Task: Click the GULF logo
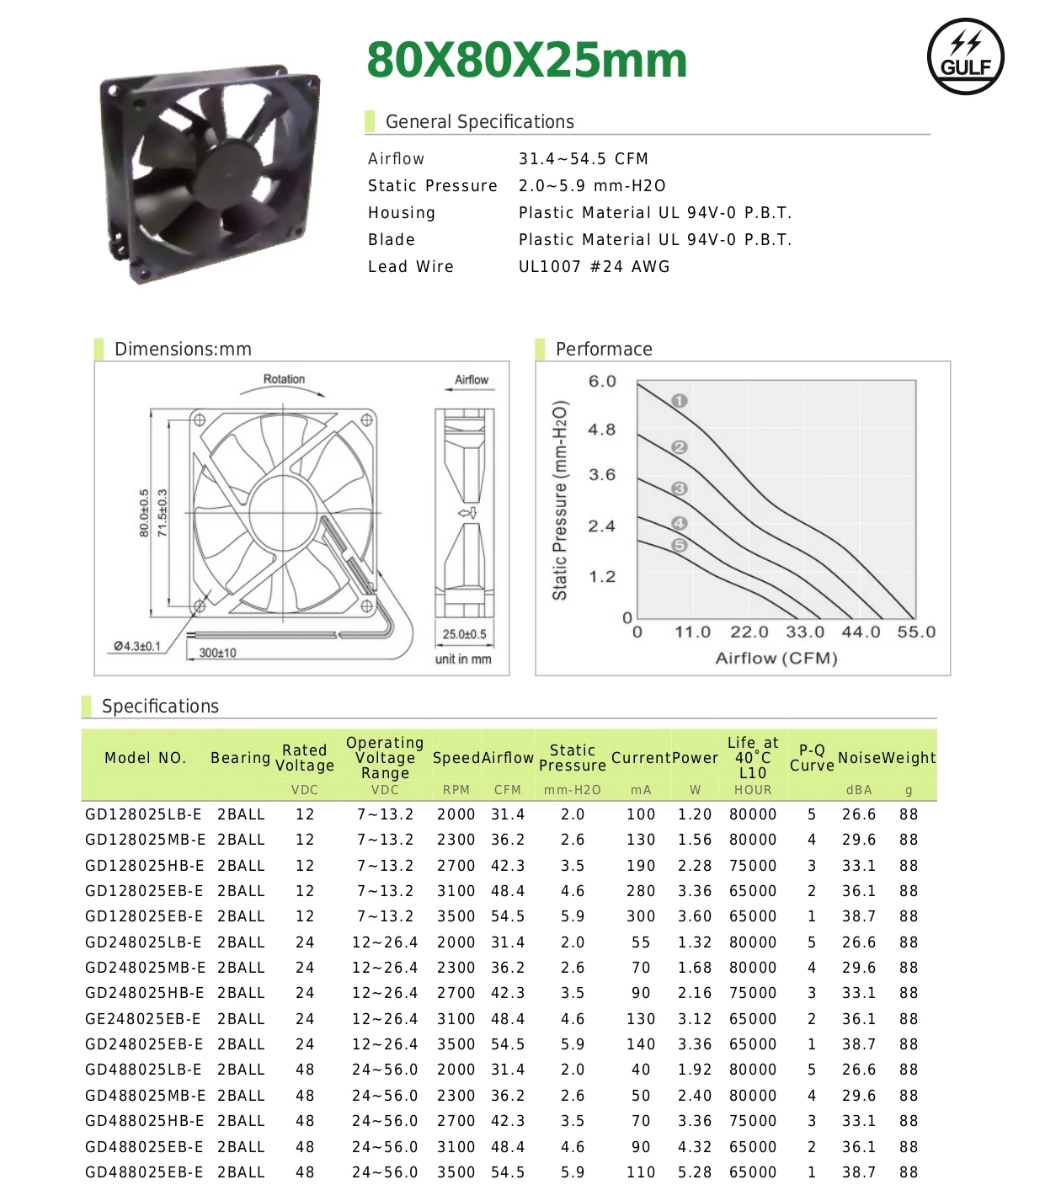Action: (965, 56)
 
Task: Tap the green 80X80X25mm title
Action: (527, 61)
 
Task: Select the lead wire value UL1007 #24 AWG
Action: (594, 267)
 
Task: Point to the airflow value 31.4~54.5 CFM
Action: (583, 159)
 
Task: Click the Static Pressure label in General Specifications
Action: (432, 186)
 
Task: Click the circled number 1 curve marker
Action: (680, 401)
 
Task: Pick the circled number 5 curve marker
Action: (680, 546)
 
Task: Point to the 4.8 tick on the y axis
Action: (601, 430)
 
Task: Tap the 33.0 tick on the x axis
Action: (805, 633)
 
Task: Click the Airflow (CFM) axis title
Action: (776, 659)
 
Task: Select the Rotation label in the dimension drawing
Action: (284, 380)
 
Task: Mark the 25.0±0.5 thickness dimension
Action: (464, 634)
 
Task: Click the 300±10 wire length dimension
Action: (217, 653)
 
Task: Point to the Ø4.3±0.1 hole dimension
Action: (137, 646)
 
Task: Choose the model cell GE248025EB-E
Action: (143, 1019)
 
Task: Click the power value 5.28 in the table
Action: (695, 1172)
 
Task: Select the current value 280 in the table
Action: (640, 891)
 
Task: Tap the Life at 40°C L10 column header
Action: (752, 758)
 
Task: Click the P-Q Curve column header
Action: (811, 758)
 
